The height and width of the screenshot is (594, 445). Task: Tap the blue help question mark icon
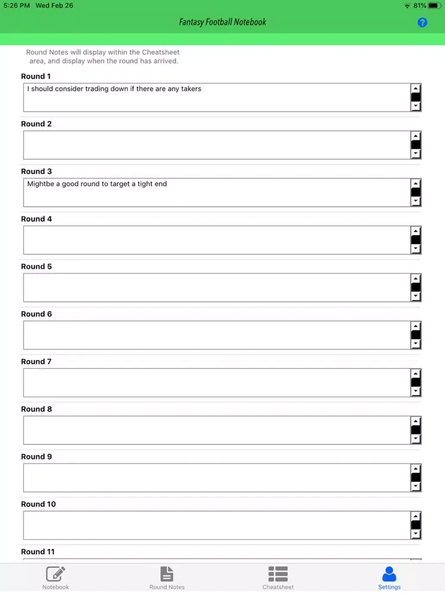pyautogui.click(x=422, y=23)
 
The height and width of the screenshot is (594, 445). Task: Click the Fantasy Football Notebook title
pyautogui.click(x=223, y=23)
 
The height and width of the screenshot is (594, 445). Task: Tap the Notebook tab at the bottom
pyautogui.click(x=55, y=577)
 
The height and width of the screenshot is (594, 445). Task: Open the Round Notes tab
pyautogui.click(x=167, y=577)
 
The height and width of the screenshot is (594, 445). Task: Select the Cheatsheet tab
pyautogui.click(x=278, y=577)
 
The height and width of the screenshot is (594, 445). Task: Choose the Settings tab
pyautogui.click(x=389, y=577)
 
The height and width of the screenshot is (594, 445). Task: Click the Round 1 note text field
pyautogui.click(x=217, y=98)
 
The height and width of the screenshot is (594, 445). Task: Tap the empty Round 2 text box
pyautogui.click(x=217, y=145)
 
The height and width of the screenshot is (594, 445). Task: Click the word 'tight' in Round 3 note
pyautogui.click(x=145, y=184)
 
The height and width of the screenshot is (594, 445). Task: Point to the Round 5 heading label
pyautogui.click(x=37, y=267)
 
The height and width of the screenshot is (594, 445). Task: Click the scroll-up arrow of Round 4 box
pyautogui.click(x=416, y=231)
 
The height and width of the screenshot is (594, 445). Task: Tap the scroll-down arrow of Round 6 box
pyautogui.click(x=416, y=344)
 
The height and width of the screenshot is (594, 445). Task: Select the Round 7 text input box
pyautogui.click(x=217, y=383)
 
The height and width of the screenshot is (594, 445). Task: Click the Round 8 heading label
pyautogui.click(x=37, y=409)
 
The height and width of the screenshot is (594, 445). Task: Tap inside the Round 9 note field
pyautogui.click(x=217, y=478)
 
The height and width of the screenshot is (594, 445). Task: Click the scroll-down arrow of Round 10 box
pyautogui.click(x=416, y=534)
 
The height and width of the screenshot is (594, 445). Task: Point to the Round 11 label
pyautogui.click(x=38, y=552)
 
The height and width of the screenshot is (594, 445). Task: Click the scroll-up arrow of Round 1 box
pyautogui.click(x=416, y=89)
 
